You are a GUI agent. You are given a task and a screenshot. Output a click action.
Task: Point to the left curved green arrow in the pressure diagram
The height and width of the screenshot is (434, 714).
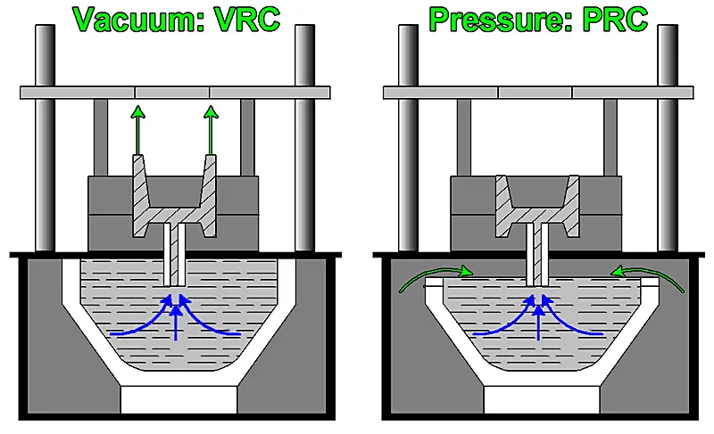tap(419, 276)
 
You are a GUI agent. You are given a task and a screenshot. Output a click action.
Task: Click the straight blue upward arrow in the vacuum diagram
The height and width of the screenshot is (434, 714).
tap(177, 324)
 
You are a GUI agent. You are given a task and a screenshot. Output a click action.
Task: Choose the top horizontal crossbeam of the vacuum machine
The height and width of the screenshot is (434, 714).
tap(174, 92)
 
